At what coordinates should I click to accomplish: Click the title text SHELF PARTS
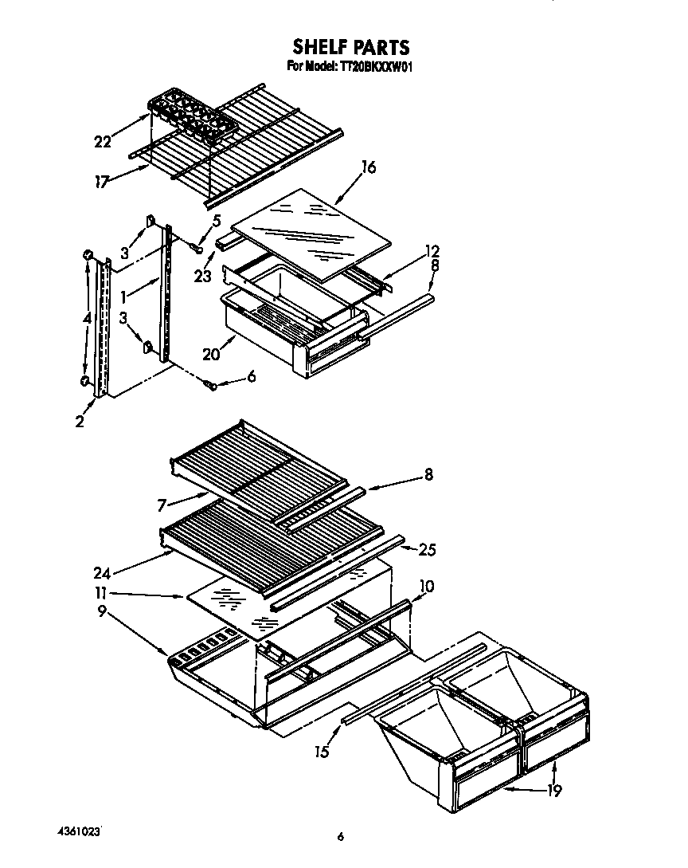pyautogui.click(x=350, y=47)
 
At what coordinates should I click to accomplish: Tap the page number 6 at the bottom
pyautogui.click(x=340, y=836)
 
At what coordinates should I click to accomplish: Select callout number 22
pyautogui.click(x=103, y=142)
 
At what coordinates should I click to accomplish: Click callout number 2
pyautogui.click(x=80, y=422)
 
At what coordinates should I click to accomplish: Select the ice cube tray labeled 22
pyautogui.click(x=191, y=118)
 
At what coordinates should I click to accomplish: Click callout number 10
pyautogui.click(x=427, y=587)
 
